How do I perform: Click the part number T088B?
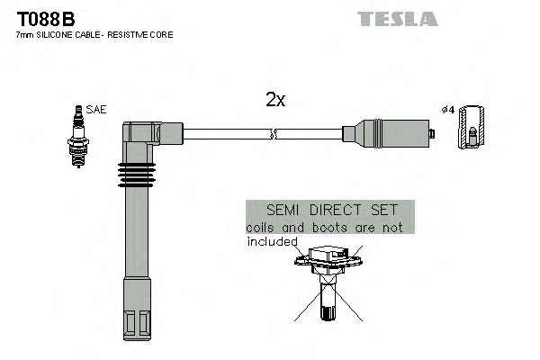pyautogui.click(x=46, y=19)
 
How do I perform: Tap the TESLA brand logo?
pyautogui.click(x=398, y=19)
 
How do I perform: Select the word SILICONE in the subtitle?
pyautogui.click(x=56, y=35)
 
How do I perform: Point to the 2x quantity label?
pyautogui.click(x=275, y=100)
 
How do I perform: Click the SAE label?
pyautogui.click(x=96, y=110)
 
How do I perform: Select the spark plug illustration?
pyautogui.click(x=78, y=137)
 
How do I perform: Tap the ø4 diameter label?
pyautogui.click(x=448, y=110)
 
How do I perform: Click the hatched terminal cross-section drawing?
pyautogui.click(x=471, y=127)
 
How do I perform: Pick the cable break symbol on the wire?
pyautogui.click(x=273, y=134)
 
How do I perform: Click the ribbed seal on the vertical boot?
pyautogui.click(x=137, y=175)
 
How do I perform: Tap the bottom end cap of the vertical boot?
pyautogui.click(x=137, y=325)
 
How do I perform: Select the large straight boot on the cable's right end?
pyautogui.click(x=386, y=134)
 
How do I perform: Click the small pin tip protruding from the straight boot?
pyautogui.click(x=433, y=133)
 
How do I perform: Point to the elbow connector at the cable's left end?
pyautogui.click(x=153, y=133)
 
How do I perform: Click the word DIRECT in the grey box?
pyautogui.click(x=335, y=210)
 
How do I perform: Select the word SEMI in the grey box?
pyautogui.click(x=283, y=210)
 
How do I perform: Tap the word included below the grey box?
pyautogui.click(x=272, y=241)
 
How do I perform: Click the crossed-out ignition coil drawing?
pyautogui.click(x=328, y=283)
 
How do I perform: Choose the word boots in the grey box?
pyautogui.click(x=329, y=228)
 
